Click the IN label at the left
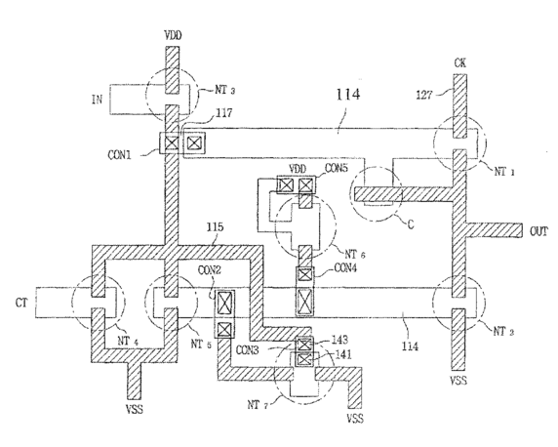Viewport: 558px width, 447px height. pyautogui.click(x=97, y=99)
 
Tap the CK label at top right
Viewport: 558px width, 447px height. pyautogui.click(x=459, y=63)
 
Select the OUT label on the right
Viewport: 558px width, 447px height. pyautogui.click(x=538, y=232)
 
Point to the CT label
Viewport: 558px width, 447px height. pyautogui.click(x=21, y=304)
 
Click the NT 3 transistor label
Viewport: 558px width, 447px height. pyautogui.click(x=224, y=90)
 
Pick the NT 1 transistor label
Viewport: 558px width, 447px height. pyautogui.click(x=504, y=172)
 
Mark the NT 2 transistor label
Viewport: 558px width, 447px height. pyautogui.click(x=503, y=332)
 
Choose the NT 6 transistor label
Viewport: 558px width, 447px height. pyautogui.click(x=355, y=255)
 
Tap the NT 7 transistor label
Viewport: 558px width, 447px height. pyautogui.click(x=258, y=405)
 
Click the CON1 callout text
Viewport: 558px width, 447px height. pyautogui.click(x=119, y=155)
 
